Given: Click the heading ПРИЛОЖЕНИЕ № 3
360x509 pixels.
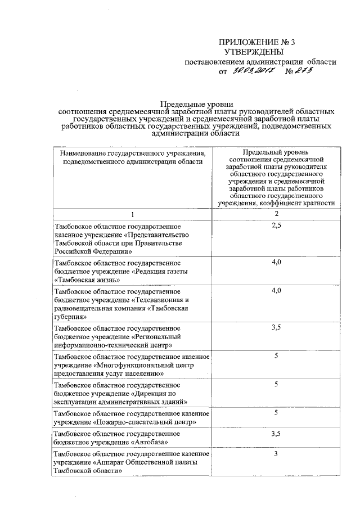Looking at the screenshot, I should (248, 43).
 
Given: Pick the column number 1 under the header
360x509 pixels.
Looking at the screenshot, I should (133, 214).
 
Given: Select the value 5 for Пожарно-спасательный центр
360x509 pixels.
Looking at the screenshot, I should (276, 413).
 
